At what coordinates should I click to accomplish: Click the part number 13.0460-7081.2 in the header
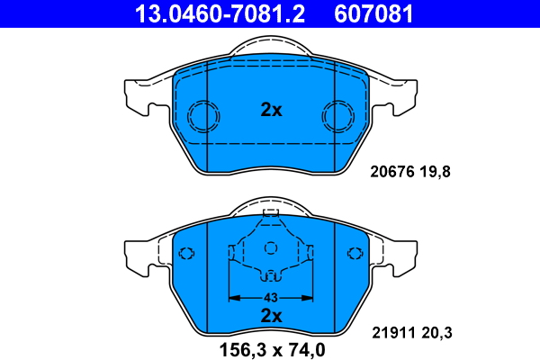220,13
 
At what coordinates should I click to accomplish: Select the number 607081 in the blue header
373,13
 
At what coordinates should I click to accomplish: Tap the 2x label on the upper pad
271,110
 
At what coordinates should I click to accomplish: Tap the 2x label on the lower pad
271,316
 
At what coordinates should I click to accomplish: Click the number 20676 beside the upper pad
392,172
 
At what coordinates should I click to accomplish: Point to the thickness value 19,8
435,172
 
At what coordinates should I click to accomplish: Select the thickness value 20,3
436,333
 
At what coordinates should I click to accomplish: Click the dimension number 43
271,298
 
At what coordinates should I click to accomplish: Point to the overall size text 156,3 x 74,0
272,350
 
